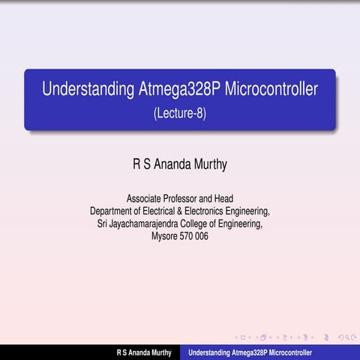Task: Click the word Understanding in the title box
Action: point(88,90)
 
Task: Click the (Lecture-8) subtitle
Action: point(180,114)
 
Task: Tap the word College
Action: point(202,223)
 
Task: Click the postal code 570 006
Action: point(195,235)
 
